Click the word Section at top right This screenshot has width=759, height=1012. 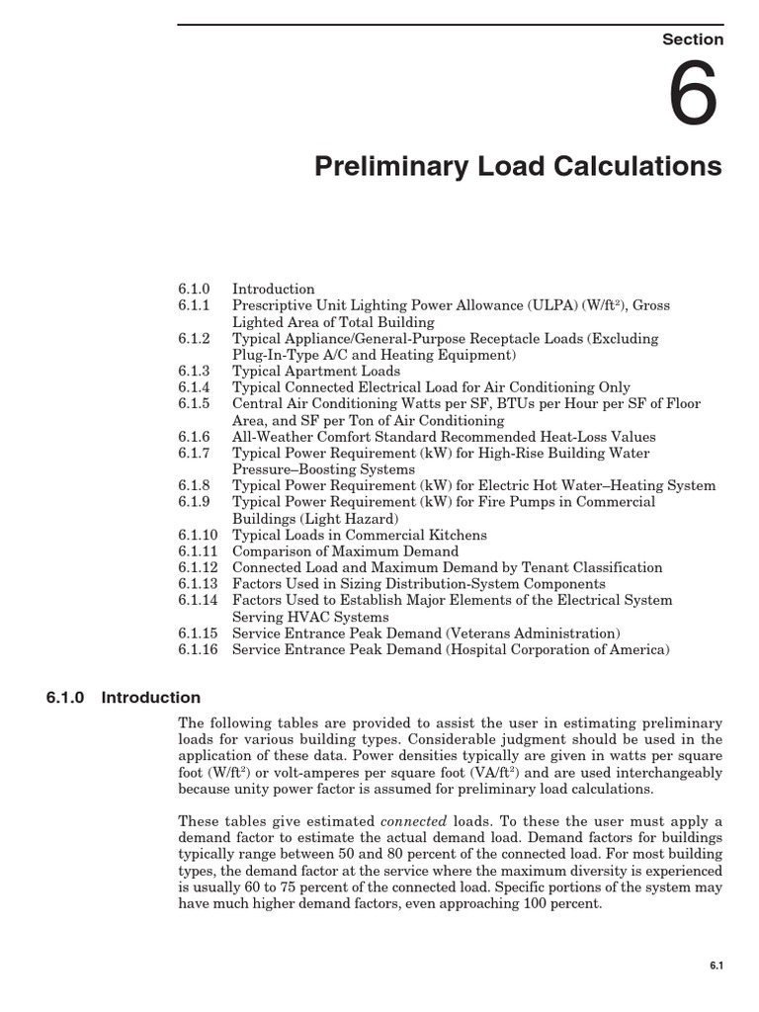[693, 40]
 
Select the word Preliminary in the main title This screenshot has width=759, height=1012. [381, 166]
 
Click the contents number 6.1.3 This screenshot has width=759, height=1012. [195, 372]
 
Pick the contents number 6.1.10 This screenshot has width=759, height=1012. [199, 536]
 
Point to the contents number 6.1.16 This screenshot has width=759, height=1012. [199, 650]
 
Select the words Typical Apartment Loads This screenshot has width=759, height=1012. [316, 372]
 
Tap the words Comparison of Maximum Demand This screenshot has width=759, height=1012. [345, 551]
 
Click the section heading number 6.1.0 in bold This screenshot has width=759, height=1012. [66, 698]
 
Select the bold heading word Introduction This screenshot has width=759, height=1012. [151, 698]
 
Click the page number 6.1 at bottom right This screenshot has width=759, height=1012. [717, 966]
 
